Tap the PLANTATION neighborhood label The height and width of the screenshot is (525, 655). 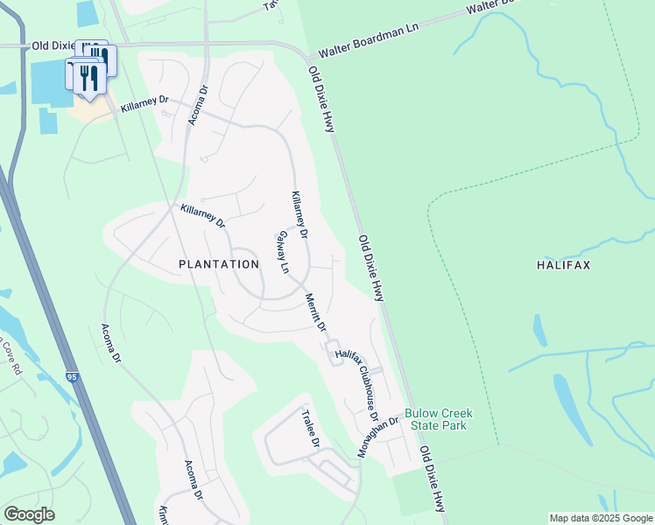219,263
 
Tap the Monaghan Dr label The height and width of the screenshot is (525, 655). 377,436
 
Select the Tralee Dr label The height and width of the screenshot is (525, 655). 309,429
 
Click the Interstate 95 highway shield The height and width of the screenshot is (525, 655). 72,377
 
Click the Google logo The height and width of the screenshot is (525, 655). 28,514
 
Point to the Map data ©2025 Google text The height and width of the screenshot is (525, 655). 600,518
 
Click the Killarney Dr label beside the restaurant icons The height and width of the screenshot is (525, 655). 144,103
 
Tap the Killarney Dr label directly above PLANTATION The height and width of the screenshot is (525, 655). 203,216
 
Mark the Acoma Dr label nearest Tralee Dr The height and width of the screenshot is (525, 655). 194,481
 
